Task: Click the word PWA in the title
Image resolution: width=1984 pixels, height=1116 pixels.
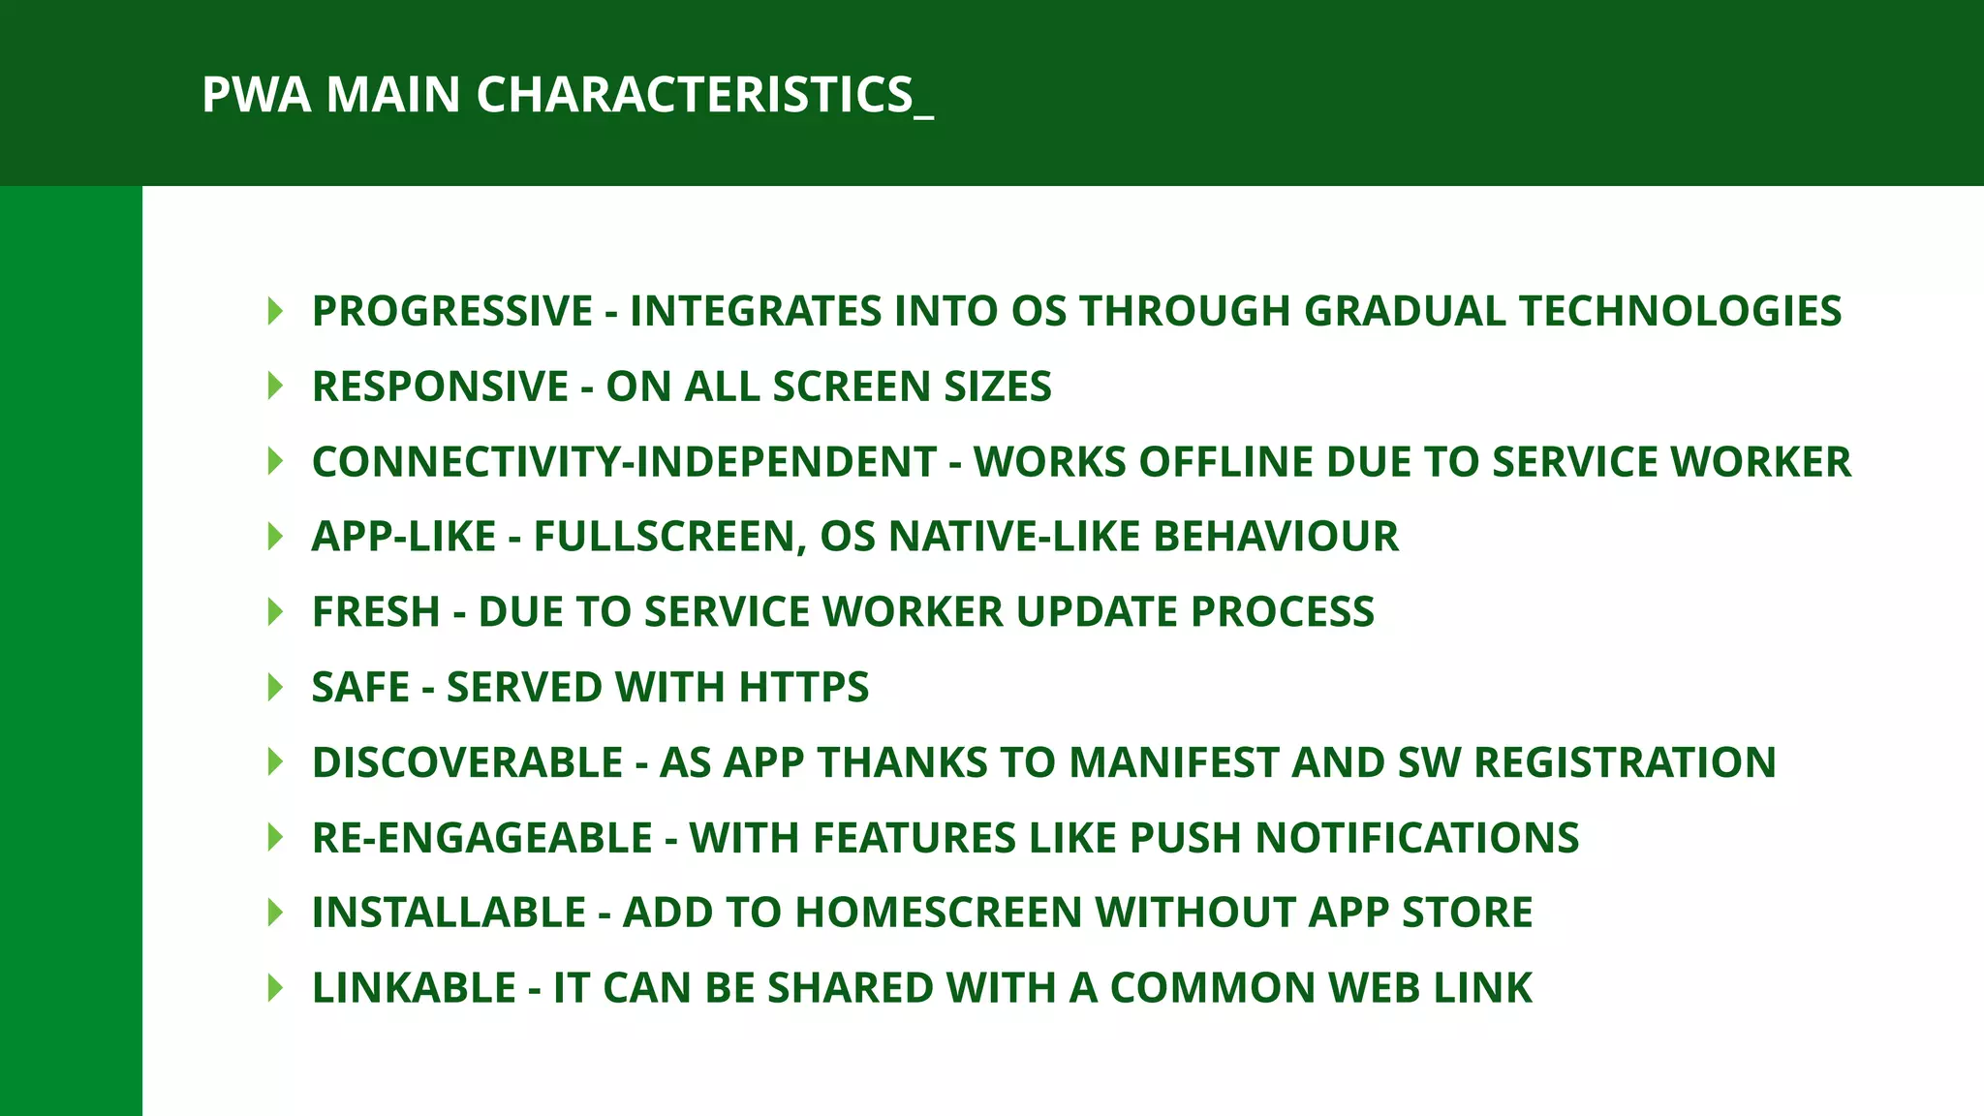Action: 256,95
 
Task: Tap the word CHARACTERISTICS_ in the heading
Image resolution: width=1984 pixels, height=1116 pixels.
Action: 704,95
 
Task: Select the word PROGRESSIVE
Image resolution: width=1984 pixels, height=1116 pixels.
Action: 452,311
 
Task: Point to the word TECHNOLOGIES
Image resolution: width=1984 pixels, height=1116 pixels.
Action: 1680,311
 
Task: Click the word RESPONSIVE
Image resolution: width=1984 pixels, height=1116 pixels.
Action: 440,387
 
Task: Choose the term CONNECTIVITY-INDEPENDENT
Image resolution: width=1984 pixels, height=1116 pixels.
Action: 624,462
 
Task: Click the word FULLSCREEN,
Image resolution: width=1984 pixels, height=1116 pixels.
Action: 670,537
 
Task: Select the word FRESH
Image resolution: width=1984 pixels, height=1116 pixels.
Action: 376,612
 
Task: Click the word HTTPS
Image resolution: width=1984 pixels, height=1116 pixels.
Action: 804,688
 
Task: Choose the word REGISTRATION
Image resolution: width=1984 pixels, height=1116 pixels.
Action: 1625,762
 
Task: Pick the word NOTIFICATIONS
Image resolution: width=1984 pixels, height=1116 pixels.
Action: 1417,838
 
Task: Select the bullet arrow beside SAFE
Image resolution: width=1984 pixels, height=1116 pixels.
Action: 275,688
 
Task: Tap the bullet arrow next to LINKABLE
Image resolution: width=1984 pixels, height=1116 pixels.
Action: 275,988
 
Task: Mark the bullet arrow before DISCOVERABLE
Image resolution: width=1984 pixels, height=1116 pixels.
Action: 275,762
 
